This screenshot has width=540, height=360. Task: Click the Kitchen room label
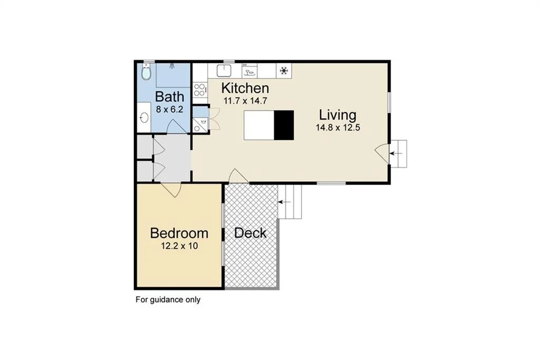click(245, 88)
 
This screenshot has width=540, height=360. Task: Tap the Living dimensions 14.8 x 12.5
click(338, 128)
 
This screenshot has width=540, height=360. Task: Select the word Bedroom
click(179, 233)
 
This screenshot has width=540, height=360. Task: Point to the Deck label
click(250, 233)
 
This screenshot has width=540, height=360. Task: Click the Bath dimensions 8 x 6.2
click(169, 110)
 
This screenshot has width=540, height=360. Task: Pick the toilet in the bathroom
click(147, 72)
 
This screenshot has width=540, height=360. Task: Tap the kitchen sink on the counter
click(224, 71)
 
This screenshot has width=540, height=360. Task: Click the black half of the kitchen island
click(284, 125)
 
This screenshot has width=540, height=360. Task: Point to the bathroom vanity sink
click(144, 118)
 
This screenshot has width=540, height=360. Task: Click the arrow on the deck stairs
click(285, 202)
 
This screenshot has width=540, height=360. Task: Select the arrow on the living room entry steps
click(396, 153)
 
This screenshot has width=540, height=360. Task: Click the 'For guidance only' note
click(168, 300)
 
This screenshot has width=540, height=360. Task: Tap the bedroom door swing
click(170, 190)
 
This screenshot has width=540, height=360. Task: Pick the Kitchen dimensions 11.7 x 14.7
click(245, 101)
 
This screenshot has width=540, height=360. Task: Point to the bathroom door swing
click(177, 126)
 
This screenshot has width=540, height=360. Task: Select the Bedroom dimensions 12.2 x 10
click(179, 246)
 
